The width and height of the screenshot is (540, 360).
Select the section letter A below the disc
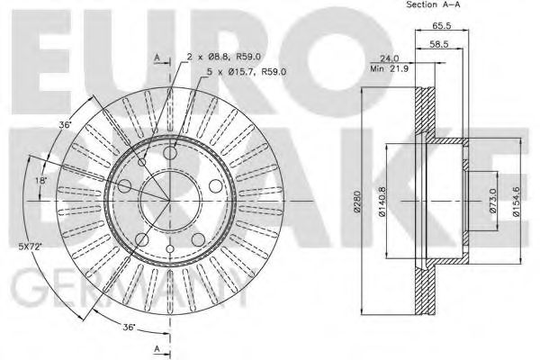tap(157, 347)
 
